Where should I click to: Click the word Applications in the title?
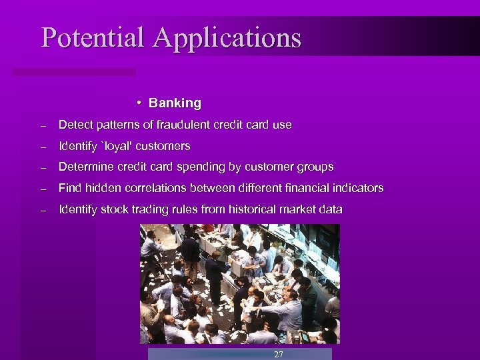point(227,39)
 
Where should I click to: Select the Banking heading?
point(175,103)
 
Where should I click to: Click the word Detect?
point(74,125)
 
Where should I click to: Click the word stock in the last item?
point(113,209)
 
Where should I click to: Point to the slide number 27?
point(279,354)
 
